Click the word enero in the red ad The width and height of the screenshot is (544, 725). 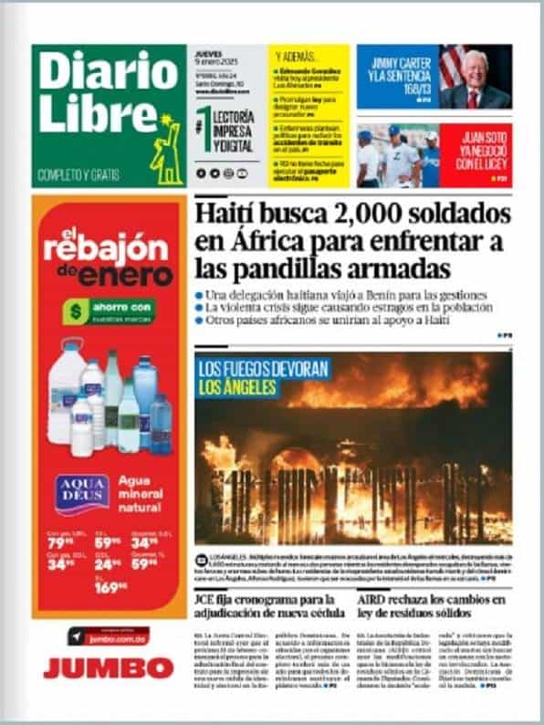point(125,275)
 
